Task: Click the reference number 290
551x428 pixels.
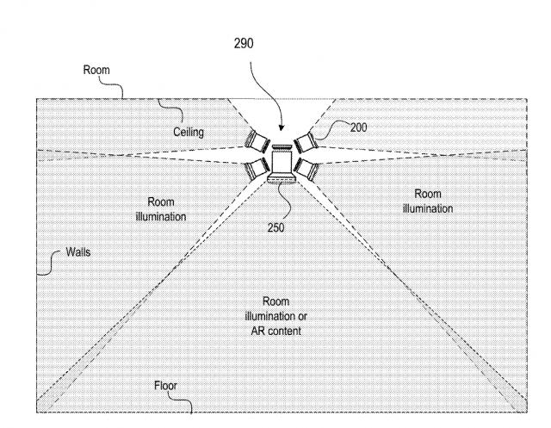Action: tap(244, 42)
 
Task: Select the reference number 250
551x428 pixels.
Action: tap(275, 227)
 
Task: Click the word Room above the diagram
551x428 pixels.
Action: tap(96, 70)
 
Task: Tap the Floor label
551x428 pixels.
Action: tap(165, 386)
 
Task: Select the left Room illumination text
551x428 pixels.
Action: tap(160, 211)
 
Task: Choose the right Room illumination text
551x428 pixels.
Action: tap(427, 201)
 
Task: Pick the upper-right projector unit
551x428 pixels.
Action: tap(304, 140)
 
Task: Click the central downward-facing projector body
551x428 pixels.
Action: tap(281, 159)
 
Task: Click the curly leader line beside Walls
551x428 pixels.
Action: tap(47, 262)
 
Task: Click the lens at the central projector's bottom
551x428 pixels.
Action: tap(281, 179)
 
